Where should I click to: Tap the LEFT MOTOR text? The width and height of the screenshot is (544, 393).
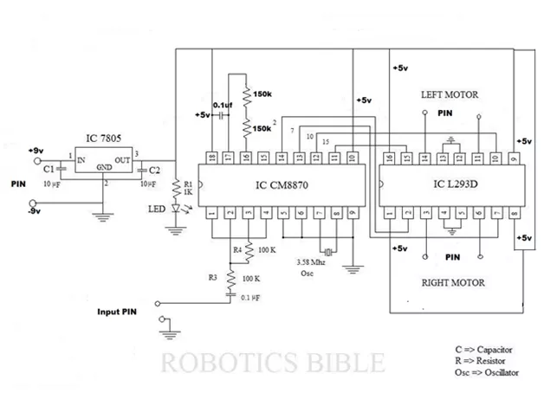pos(450,94)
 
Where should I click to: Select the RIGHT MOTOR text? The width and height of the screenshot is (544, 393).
pos(453,282)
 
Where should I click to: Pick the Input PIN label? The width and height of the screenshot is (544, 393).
pos(117,311)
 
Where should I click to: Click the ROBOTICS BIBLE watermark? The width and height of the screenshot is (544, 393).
pos(272,359)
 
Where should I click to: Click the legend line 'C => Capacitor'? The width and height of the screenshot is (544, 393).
pos(482,350)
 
